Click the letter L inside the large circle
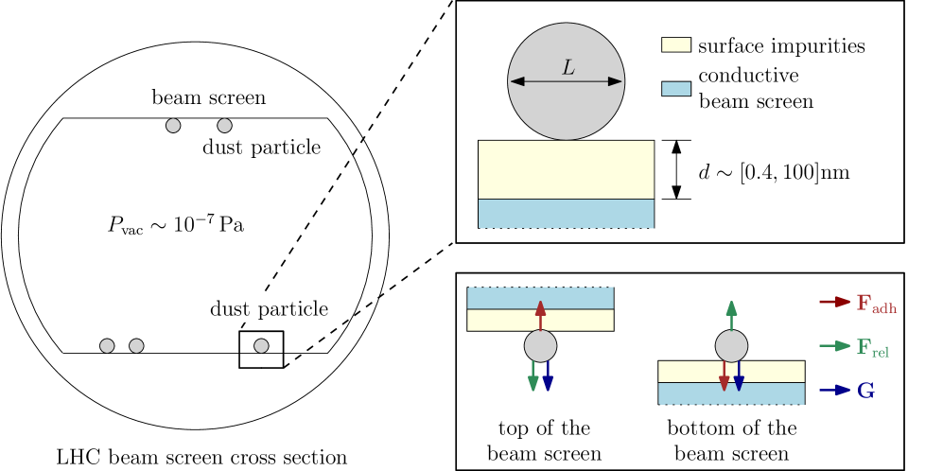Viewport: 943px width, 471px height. point(568,68)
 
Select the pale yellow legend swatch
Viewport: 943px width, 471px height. point(675,44)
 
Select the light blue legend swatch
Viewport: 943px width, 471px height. point(675,88)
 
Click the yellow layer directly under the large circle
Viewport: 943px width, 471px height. point(566,169)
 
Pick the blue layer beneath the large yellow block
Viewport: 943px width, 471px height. point(566,214)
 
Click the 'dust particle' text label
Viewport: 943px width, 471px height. point(269,308)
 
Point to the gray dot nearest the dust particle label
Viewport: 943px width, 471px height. point(261,346)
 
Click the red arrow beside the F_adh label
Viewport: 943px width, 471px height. point(834,302)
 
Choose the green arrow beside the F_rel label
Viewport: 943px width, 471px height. point(834,346)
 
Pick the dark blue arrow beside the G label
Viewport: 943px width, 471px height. point(834,390)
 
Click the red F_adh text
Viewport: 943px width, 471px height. point(876,304)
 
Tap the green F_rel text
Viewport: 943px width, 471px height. point(872,348)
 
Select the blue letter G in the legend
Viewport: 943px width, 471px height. point(865,391)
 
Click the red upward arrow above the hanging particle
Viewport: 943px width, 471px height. point(540,315)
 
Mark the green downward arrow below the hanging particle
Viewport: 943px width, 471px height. point(533,375)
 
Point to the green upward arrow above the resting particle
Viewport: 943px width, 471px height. point(731,315)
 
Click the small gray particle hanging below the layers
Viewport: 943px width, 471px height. point(540,346)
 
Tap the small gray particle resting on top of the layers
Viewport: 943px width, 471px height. point(731,346)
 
